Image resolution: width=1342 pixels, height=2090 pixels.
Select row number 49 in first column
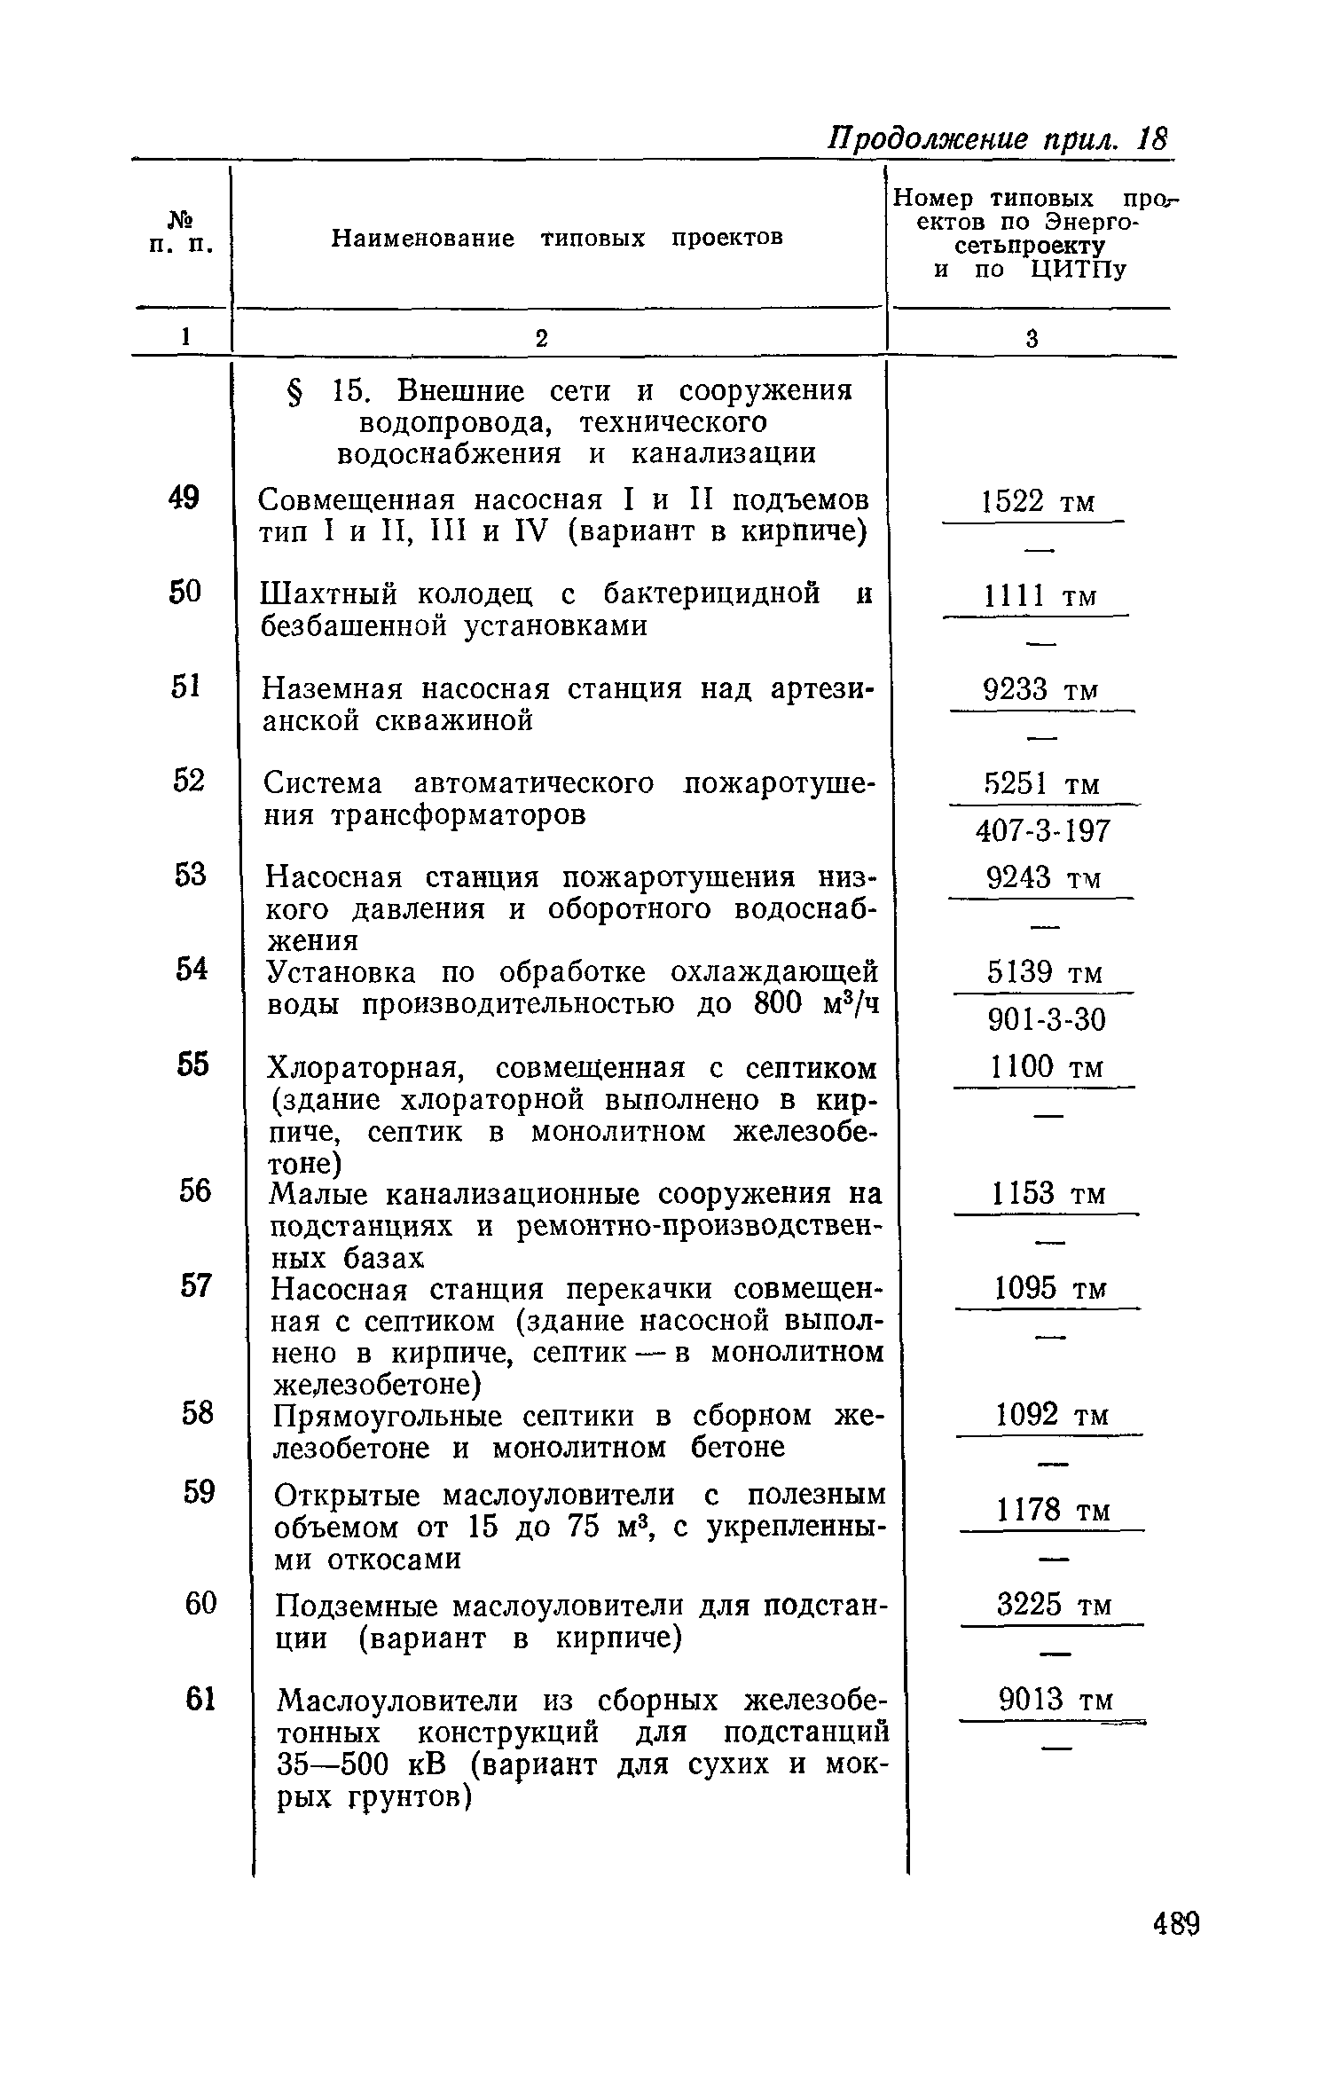[184, 499]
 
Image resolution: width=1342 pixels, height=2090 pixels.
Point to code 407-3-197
[1042, 831]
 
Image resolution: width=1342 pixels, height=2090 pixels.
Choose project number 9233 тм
[1041, 689]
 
